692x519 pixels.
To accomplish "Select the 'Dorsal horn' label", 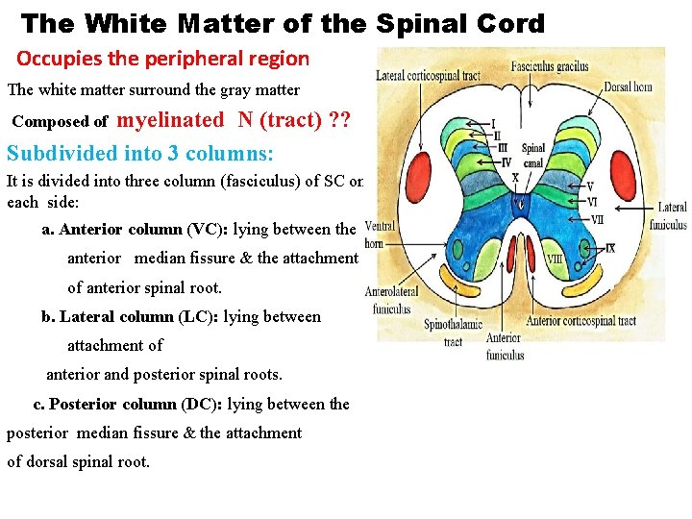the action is coord(629,87).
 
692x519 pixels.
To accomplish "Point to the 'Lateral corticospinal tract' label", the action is coord(428,75).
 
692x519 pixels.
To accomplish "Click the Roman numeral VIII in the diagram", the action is coord(555,259).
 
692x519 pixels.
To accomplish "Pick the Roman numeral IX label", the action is coord(610,249).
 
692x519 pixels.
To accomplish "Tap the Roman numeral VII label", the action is coord(597,220).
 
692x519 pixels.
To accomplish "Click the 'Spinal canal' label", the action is coord(533,155).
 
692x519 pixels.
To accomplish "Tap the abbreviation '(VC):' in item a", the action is coord(207,230).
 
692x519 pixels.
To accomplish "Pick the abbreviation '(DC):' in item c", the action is coord(201,404).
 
